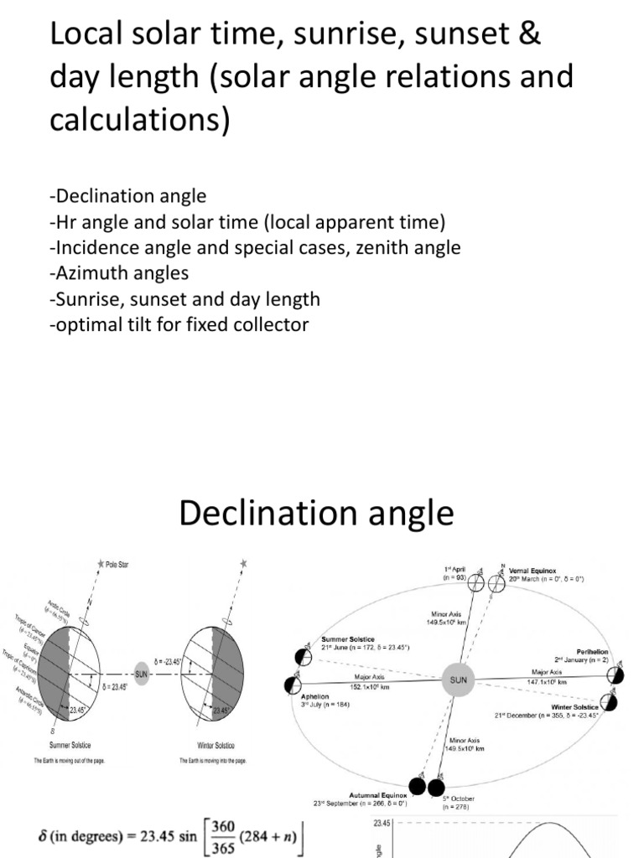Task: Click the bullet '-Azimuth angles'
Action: click(119, 273)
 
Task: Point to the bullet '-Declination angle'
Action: click(127, 196)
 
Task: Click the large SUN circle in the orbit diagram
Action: click(458, 680)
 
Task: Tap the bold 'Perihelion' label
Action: click(591, 651)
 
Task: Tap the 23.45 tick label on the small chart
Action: click(383, 823)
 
